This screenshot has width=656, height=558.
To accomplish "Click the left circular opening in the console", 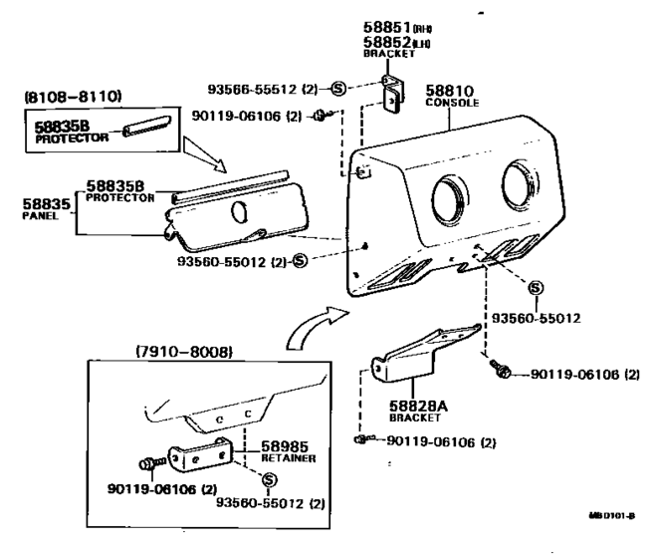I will tap(449, 190).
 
